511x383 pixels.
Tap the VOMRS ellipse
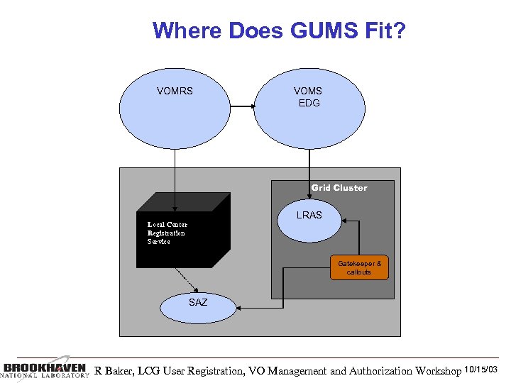coord(175,106)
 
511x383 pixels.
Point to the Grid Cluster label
coord(339,188)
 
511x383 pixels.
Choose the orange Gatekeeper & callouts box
coord(359,267)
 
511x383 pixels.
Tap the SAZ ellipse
coord(198,306)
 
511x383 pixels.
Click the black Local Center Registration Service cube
coord(174,234)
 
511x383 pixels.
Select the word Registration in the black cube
coord(166,233)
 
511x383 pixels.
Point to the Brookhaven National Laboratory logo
coord(44,370)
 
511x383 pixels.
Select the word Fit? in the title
coord(384,30)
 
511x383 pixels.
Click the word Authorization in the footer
coord(373,370)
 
